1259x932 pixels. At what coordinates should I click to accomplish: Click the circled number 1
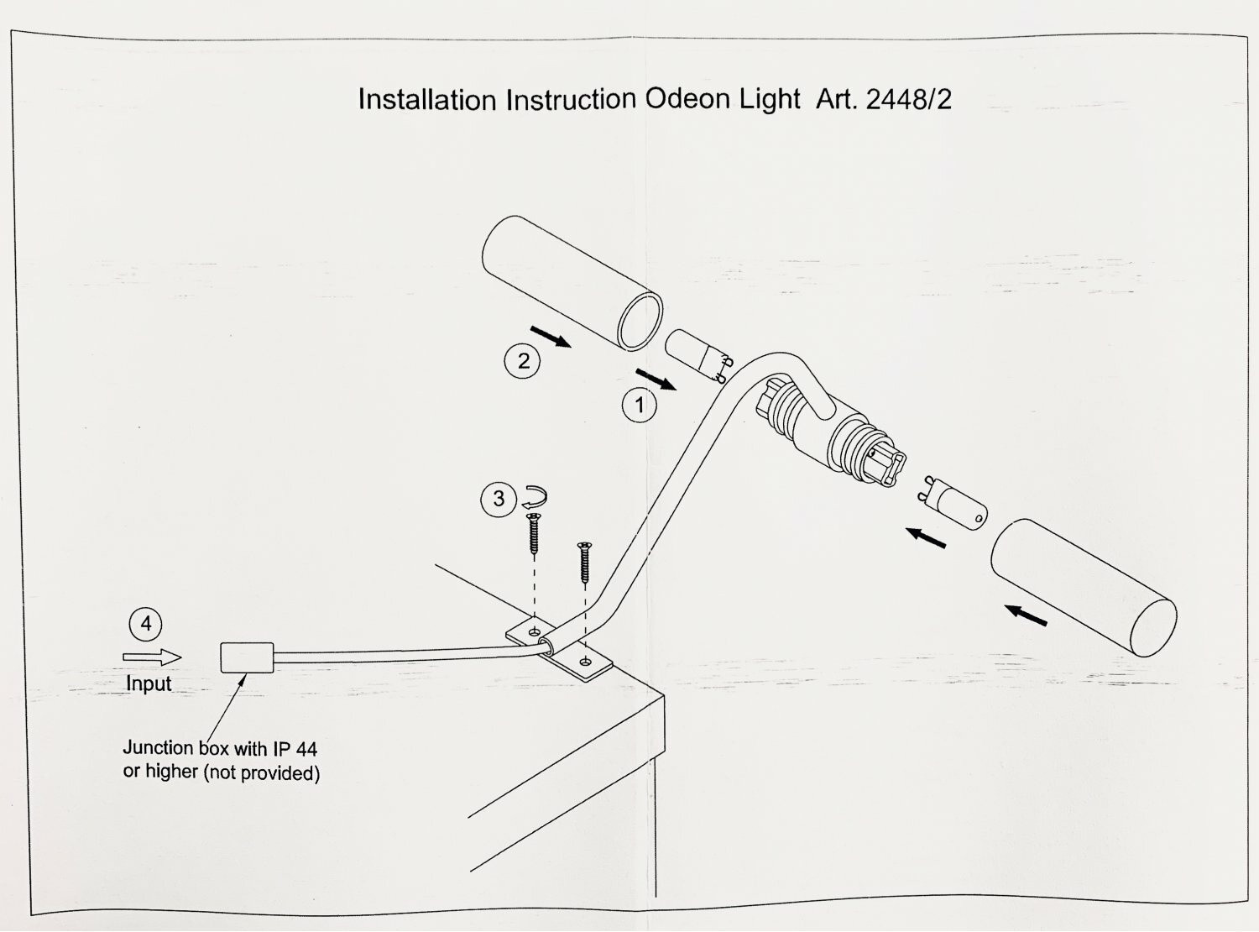pyautogui.click(x=639, y=406)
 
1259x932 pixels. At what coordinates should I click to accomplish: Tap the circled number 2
pyautogui.click(x=523, y=361)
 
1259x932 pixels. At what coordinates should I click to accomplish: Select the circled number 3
pyautogui.click(x=499, y=499)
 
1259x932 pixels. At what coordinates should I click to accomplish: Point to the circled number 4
pyautogui.click(x=146, y=624)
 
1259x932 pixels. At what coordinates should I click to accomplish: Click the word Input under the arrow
pyautogui.click(x=149, y=683)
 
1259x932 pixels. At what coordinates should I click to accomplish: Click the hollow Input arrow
pyautogui.click(x=152, y=657)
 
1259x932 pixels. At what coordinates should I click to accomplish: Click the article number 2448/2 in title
pyautogui.click(x=909, y=100)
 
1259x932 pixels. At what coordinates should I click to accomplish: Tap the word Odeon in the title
pyautogui.click(x=687, y=99)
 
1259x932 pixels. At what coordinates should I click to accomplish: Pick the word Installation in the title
pyautogui.click(x=427, y=100)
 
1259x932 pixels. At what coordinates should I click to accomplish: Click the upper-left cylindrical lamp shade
pyautogui.click(x=571, y=283)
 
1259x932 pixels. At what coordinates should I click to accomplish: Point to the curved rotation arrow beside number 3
pyautogui.click(x=533, y=496)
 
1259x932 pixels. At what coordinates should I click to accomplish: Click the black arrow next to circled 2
pyautogui.click(x=551, y=337)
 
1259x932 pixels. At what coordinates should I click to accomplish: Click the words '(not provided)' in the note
pyautogui.click(x=262, y=772)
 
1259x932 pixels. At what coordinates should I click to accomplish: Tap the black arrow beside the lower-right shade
pyautogui.click(x=1027, y=615)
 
